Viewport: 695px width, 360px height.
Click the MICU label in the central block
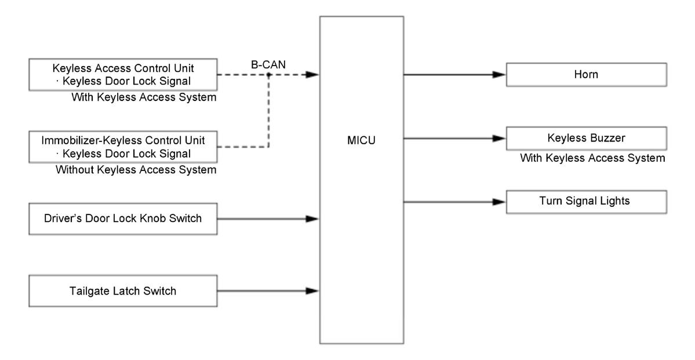tap(361, 140)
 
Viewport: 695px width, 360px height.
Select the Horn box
tap(587, 74)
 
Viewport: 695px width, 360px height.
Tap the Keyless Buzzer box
tap(587, 139)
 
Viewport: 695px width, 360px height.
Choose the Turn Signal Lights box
tap(587, 202)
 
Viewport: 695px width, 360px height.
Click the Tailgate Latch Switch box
tap(123, 291)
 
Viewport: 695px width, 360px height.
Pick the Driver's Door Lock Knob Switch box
tap(123, 219)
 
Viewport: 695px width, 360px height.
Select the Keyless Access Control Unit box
tap(123, 74)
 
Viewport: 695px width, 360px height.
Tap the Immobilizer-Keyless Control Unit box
tap(123, 147)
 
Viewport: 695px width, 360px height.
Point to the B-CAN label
tap(268, 65)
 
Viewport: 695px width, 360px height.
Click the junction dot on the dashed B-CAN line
tap(268, 75)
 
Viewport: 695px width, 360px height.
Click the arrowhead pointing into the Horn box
tap(500, 74)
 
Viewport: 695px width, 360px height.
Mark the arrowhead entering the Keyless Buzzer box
tap(500, 139)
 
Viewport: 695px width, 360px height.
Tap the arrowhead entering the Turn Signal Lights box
tap(500, 202)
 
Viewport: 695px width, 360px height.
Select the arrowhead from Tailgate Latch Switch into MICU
tap(312, 291)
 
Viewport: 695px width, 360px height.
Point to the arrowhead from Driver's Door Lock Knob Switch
tap(312, 219)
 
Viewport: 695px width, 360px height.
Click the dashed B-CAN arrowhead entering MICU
tap(312, 75)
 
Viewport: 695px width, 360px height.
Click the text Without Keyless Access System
tap(136, 170)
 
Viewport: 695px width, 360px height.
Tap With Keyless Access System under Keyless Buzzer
tap(592, 158)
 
